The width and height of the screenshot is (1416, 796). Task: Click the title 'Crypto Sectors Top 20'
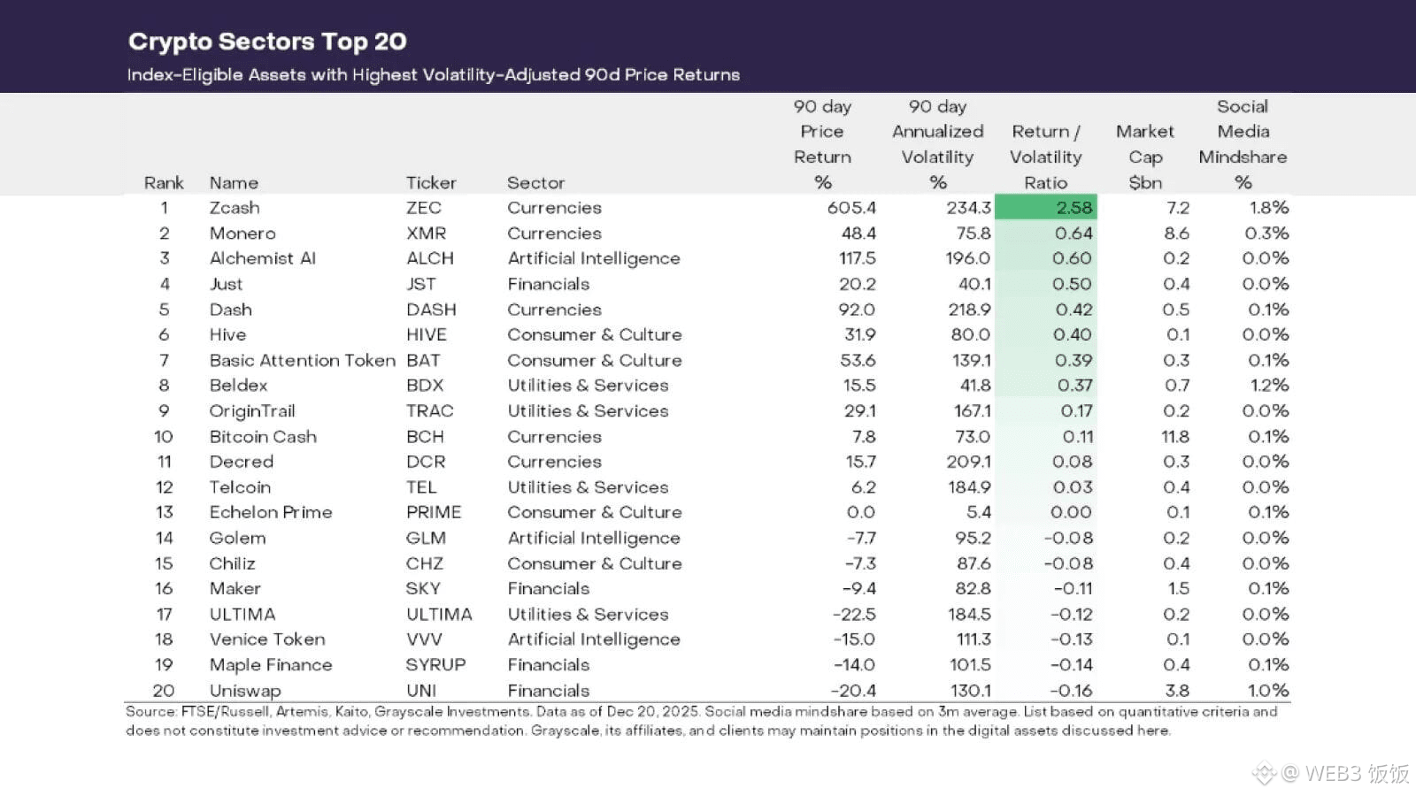click(267, 42)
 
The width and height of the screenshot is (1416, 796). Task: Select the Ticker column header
click(431, 183)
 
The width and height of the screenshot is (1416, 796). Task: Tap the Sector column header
click(535, 183)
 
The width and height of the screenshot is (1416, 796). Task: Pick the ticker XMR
click(426, 233)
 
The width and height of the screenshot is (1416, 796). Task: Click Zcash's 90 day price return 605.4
click(851, 208)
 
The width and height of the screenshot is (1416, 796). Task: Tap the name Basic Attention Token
click(302, 361)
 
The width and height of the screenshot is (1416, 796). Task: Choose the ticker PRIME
click(434, 513)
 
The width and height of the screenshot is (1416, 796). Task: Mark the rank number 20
click(164, 691)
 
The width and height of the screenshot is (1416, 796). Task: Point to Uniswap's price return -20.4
click(853, 691)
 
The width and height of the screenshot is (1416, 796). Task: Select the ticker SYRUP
click(435, 665)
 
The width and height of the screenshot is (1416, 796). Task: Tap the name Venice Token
click(267, 639)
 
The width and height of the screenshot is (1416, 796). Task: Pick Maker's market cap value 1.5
click(1178, 589)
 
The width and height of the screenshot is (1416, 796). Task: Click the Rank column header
click(164, 183)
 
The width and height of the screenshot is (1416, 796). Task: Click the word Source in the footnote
click(150, 712)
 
